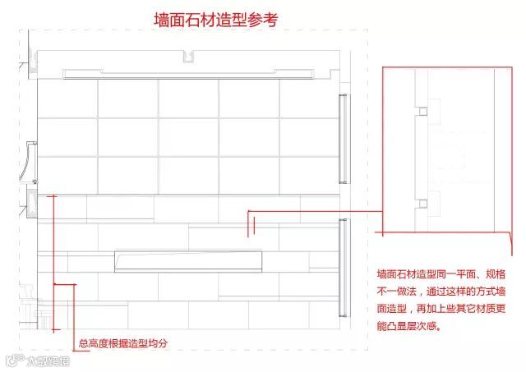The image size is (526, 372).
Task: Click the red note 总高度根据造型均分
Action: click(123, 343)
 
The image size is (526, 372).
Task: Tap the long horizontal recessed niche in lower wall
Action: click(188, 260)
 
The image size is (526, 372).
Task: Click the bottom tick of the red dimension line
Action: click(53, 330)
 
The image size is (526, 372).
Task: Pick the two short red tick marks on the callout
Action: click(251, 224)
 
